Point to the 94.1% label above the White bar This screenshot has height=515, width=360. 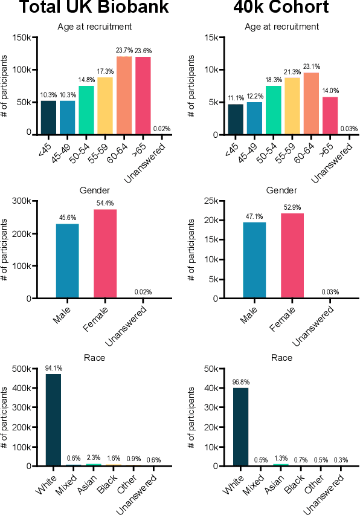click(53, 368)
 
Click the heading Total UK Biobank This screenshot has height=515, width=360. click(83, 8)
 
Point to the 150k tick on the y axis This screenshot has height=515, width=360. click(21, 37)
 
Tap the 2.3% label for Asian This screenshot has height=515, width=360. click(93, 458)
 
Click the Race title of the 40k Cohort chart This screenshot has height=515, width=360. click(282, 358)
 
